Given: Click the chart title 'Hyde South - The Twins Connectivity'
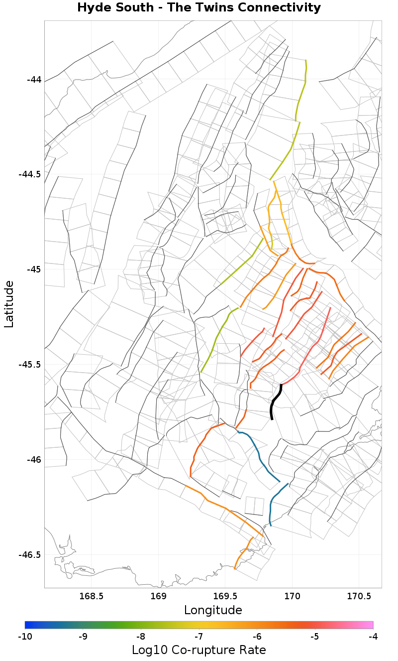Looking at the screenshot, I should tap(199, 8).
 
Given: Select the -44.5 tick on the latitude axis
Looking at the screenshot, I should tap(30, 174).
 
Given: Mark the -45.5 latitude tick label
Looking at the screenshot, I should tap(30, 365).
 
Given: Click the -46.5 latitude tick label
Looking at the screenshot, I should tap(30, 554).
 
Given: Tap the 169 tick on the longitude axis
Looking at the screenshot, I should tap(158, 596).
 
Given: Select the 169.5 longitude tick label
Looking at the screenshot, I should tap(225, 596).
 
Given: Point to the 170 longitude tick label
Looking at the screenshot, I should tap(292, 596).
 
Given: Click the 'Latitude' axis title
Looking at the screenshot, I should tap(9, 304).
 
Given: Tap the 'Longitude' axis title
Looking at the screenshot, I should tap(213, 610).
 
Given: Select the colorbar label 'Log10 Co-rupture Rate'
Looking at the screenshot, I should tap(199, 650).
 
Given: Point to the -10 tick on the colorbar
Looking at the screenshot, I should tap(25, 636).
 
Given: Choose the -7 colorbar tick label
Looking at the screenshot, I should tap(199, 636).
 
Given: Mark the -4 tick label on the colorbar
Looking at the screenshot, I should tap(373, 636).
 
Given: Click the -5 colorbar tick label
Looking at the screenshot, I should tap(315, 636).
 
